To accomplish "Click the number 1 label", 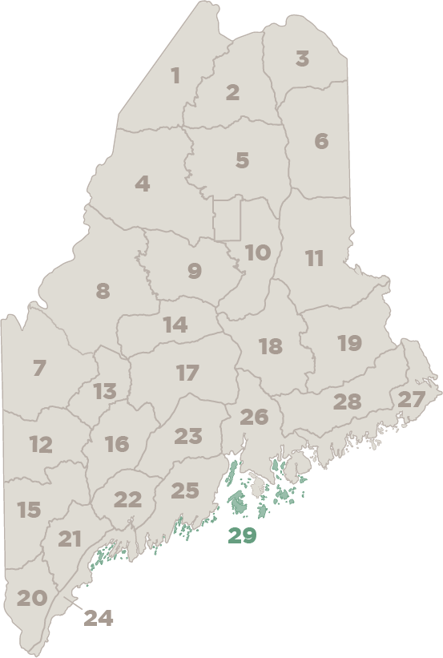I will click(175, 76).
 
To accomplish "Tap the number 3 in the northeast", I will click(302, 59).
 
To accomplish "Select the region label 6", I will click(321, 141).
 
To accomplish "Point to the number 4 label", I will click(143, 184).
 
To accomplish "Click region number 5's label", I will click(242, 160).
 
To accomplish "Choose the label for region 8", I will click(103, 291).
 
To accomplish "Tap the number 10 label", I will click(257, 253).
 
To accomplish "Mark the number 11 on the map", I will click(314, 259).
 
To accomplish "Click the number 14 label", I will click(175, 325).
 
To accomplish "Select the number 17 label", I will click(187, 373).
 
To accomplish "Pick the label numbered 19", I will click(349, 343).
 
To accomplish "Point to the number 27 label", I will click(412, 399).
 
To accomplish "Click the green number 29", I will click(242, 535).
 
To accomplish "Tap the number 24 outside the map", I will click(99, 618).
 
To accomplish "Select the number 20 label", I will click(32, 598).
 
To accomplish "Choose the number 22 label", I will click(127, 500).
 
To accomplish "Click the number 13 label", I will click(105, 392).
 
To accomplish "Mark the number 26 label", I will click(254, 417).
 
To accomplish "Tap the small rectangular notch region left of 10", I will click(227, 219).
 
